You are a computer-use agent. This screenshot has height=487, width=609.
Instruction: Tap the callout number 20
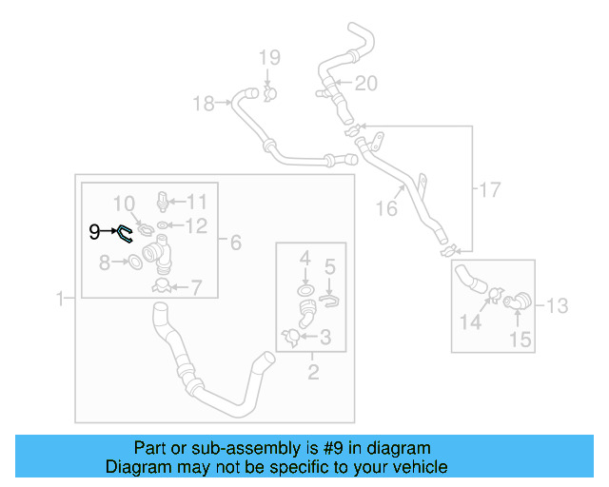click(365, 84)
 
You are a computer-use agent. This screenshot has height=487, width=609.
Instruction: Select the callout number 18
click(205, 103)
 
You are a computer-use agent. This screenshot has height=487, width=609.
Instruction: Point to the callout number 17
click(489, 190)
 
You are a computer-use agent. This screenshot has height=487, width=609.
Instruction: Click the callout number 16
click(385, 208)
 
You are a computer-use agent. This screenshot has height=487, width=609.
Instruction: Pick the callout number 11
click(196, 201)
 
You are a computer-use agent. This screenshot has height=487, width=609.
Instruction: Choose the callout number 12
click(196, 225)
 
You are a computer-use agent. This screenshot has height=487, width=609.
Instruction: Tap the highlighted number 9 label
click(93, 230)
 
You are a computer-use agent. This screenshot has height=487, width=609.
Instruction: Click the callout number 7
click(196, 285)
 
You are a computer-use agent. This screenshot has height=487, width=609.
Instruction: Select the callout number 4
click(305, 258)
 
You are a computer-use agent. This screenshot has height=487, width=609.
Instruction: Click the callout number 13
click(557, 305)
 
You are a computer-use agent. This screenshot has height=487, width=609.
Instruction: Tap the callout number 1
click(59, 299)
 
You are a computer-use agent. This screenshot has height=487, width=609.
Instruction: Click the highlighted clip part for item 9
click(125, 234)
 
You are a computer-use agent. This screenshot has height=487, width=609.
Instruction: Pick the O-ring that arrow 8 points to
click(135, 262)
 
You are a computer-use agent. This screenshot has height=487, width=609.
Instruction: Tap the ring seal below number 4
click(304, 290)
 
